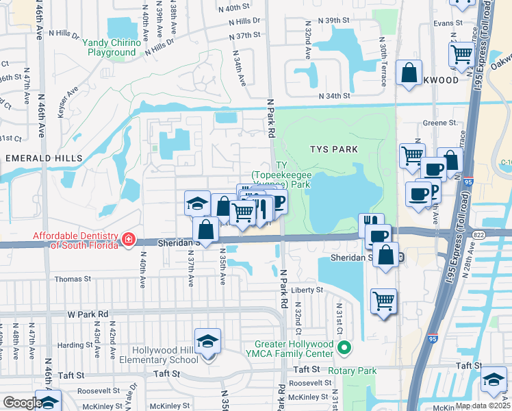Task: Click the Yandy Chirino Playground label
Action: (x=112, y=47)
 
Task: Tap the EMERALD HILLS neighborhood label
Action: (x=44, y=158)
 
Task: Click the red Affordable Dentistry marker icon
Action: (x=129, y=240)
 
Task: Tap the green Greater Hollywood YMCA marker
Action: (x=344, y=350)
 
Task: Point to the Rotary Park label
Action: (x=353, y=371)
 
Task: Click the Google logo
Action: (x=22, y=403)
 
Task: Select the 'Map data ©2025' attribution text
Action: (x=484, y=406)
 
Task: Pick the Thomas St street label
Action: (x=73, y=279)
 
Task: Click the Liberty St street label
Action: (x=307, y=290)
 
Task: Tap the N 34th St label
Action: (x=334, y=97)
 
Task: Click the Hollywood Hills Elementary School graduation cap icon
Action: (x=208, y=340)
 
